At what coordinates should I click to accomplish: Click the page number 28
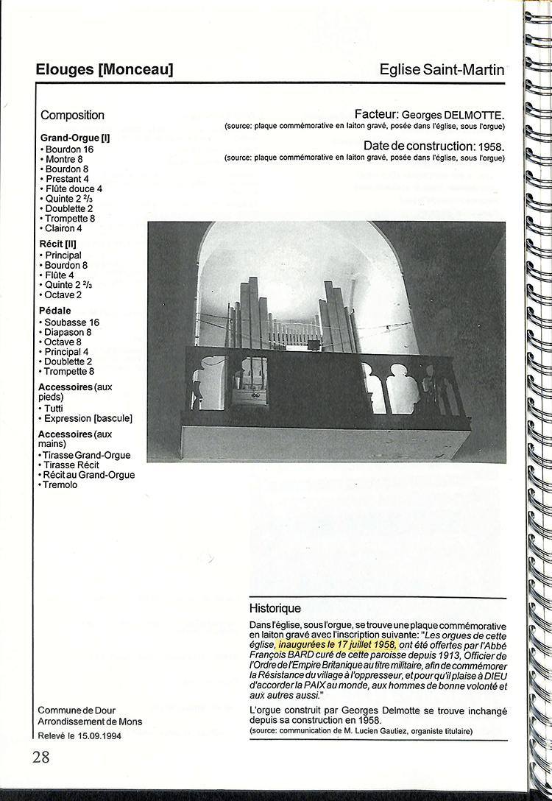pos(40,756)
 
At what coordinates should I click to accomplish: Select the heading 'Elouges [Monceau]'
pos(104,71)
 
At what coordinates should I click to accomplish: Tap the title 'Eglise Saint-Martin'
pos(442,71)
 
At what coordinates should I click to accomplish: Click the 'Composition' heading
pos(72,116)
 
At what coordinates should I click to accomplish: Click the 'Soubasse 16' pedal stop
pos(71,322)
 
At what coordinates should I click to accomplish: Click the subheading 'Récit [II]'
pos(57,244)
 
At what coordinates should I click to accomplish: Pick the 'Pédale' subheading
pos(55,311)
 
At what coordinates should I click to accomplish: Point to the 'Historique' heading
pos(275,609)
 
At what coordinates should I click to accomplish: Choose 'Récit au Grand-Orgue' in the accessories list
pos(89,476)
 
